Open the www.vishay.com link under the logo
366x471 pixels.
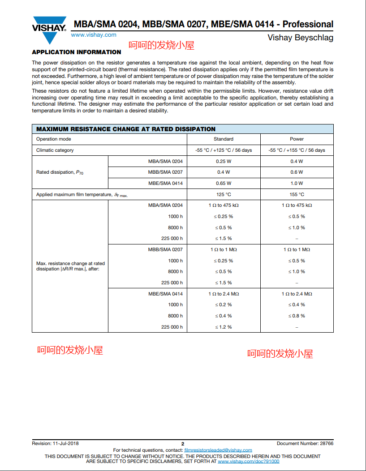[94, 35]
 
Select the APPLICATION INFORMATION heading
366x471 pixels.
[77, 52]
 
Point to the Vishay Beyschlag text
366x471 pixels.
[300, 38]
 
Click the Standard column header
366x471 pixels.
[223, 139]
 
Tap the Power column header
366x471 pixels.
[297, 139]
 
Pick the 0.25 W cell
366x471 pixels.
[223, 161]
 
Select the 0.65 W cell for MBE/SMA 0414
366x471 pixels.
[223, 183]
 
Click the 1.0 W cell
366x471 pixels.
[297, 183]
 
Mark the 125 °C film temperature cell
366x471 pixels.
[223, 194]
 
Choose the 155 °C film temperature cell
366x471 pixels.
[297, 194]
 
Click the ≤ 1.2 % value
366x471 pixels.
[223, 327]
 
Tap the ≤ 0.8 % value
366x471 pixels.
[297, 316]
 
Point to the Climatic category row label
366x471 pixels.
[55, 150]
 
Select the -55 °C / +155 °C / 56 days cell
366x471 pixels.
[297, 150]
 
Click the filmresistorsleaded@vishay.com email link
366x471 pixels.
[218, 450]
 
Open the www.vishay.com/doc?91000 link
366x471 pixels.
[248, 461]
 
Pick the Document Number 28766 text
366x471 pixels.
[305, 443]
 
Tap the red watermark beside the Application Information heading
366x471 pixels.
[162, 45]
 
